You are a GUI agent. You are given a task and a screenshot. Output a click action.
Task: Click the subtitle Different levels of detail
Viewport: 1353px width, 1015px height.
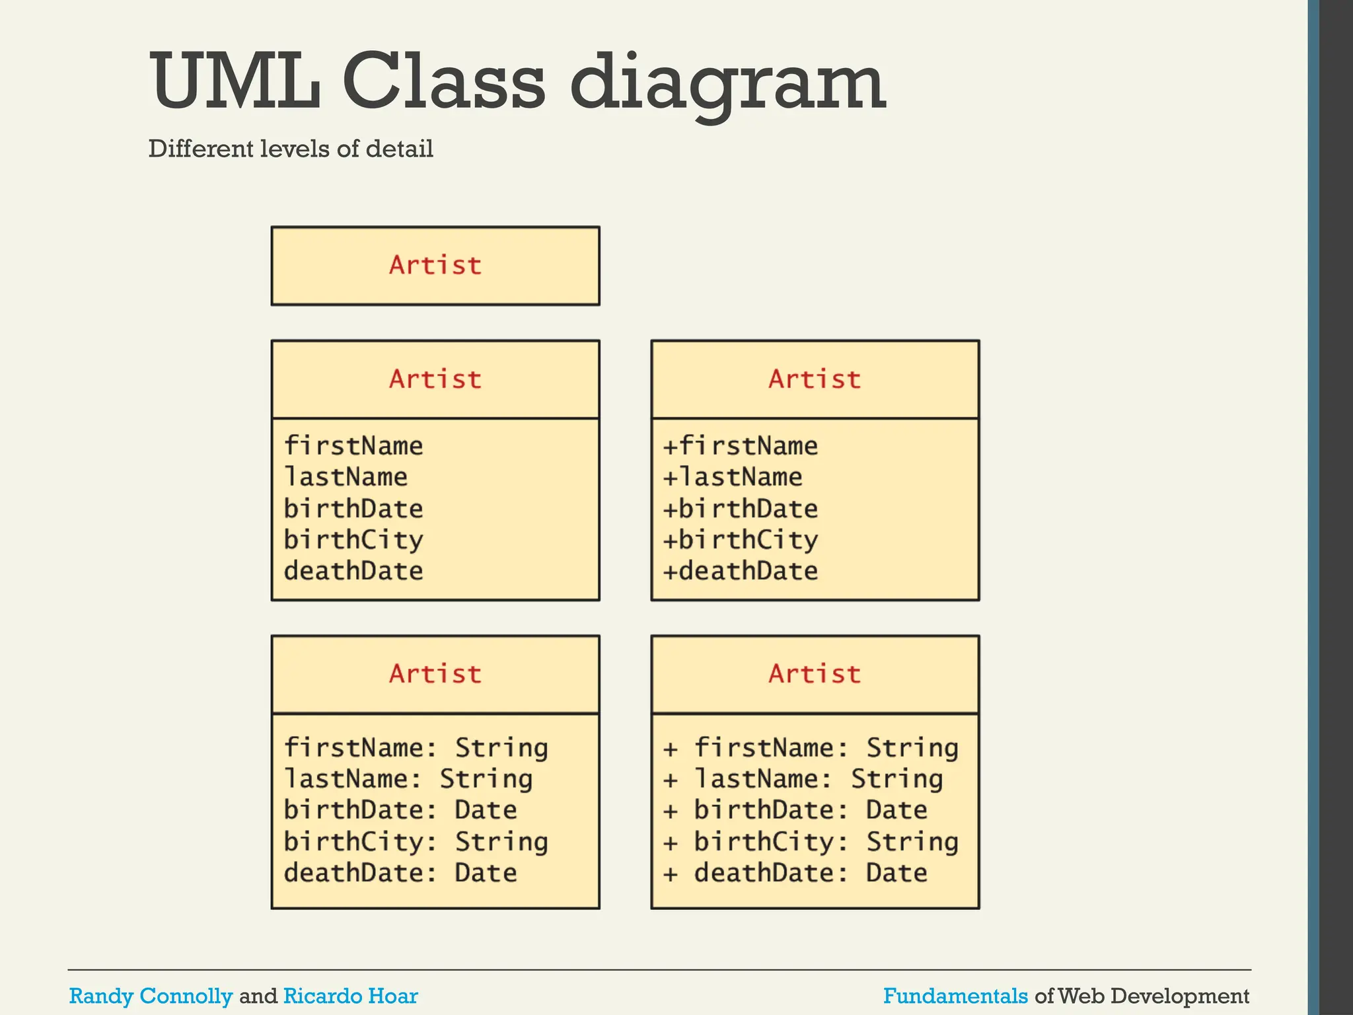[x=291, y=149]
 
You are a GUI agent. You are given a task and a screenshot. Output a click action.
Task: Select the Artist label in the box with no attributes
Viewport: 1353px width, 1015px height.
[x=435, y=265]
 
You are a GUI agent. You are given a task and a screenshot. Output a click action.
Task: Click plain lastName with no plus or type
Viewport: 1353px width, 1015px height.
[x=346, y=477]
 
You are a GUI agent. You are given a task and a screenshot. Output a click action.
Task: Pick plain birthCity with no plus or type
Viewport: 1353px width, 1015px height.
[x=353, y=540]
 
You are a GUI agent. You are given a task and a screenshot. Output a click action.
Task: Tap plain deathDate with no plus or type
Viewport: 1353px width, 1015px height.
[x=353, y=571]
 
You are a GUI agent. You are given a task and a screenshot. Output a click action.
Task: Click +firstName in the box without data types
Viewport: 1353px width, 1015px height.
[x=740, y=446]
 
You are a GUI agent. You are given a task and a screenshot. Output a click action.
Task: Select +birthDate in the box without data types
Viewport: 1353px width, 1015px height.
[x=740, y=509]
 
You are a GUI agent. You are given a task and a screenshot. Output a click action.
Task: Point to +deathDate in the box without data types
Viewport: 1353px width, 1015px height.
[x=740, y=571]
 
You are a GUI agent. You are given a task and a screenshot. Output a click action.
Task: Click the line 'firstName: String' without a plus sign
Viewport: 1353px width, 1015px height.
[x=416, y=748]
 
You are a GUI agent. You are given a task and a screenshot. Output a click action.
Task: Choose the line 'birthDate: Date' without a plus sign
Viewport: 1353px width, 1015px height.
[x=400, y=810]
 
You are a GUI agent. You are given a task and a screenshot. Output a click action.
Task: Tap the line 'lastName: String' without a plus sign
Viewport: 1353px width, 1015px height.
[x=408, y=779]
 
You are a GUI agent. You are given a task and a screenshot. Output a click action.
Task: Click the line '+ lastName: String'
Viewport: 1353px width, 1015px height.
[x=803, y=779]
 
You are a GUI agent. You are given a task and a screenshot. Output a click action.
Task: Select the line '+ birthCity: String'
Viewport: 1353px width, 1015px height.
[x=811, y=842]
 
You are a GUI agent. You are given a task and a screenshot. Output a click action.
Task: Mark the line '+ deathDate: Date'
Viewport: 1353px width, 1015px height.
[x=795, y=873]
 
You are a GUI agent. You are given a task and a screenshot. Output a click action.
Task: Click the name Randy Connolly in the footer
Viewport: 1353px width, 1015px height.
[x=151, y=996]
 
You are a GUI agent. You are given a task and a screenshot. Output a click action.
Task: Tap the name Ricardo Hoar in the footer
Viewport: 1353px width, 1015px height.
[x=350, y=996]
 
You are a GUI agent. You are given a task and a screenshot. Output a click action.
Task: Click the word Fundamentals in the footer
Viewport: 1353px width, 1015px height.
[x=955, y=996]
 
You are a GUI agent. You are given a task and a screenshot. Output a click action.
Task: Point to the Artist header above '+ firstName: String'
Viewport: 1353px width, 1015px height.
[x=815, y=674]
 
